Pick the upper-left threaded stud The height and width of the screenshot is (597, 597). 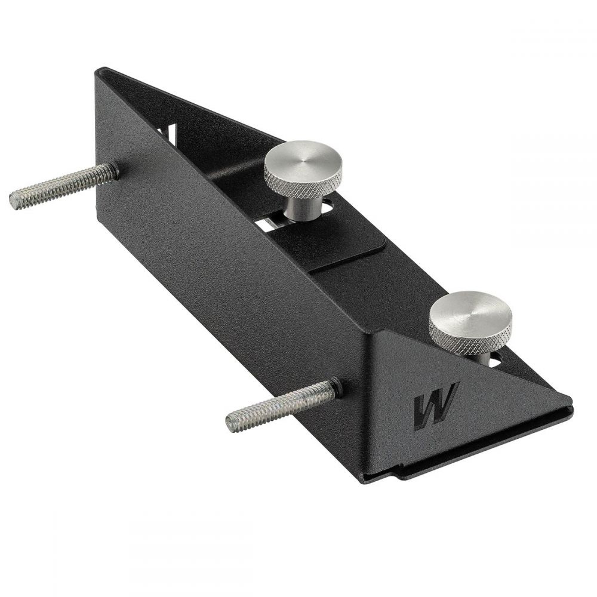[x=63, y=186]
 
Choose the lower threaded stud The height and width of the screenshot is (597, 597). [x=282, y=405]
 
